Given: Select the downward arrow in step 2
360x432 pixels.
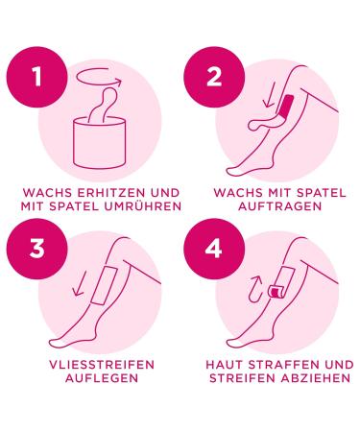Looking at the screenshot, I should [264, 99].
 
